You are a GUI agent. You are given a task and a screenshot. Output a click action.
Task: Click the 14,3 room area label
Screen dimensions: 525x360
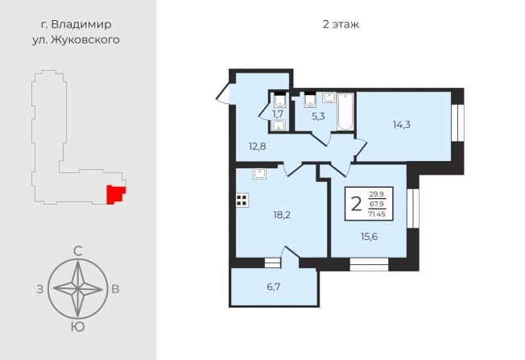[x=402, y=125]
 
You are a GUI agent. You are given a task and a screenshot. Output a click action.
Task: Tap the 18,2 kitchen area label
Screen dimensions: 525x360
[x=282, y=215]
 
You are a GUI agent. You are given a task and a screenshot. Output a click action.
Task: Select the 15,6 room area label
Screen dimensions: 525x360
[x=369, y=237]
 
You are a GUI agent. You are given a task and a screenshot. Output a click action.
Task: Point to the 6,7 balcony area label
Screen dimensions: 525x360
[x=274, y=287]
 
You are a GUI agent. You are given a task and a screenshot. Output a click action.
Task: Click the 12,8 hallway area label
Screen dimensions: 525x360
[x=257, y=146]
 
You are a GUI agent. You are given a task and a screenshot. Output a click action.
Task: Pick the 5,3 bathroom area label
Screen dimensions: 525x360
[x=318, y=117]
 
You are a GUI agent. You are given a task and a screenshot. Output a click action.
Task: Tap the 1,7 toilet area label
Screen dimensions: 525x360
[x=278, y=114]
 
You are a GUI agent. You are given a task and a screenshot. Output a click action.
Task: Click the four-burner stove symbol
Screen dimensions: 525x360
[x=242, y=201]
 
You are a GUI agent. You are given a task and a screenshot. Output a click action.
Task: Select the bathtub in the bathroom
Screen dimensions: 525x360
[x=345, y=111]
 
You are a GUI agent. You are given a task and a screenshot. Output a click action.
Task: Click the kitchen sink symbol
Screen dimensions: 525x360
[x=259, y=174]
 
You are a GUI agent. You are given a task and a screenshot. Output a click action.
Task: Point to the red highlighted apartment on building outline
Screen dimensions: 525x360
[x=115, y=194]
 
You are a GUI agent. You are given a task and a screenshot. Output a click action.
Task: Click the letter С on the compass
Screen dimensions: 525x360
[x=78, y=250]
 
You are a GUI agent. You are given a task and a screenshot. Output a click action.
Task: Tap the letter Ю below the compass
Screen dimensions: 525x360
[x=77, y=327]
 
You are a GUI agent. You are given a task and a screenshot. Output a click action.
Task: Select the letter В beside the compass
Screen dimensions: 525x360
[x=115, y=289]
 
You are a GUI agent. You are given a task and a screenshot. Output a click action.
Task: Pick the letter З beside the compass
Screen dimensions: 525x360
[x=40, y=289]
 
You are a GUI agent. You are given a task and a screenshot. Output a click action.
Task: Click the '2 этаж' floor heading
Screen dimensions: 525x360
[x=341, y=24]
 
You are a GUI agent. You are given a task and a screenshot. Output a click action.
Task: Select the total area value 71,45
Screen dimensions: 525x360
[x=377, y=214]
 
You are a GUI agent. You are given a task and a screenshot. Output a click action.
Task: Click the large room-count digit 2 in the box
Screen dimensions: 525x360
[x=357, y=204]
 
